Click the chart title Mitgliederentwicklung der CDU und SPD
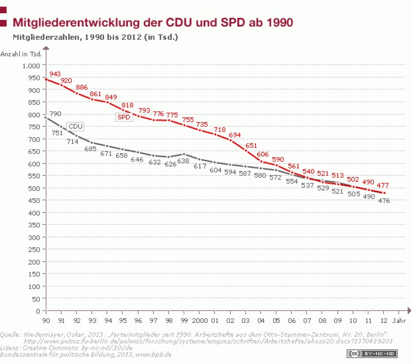tap(153, 22)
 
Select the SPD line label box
tap(124, 117)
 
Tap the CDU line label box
tap(75, 126)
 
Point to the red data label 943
tap(55, 74)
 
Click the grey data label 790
tap(55, 114)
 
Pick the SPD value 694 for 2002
tap(235, 135)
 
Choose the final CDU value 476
tap(384, 200)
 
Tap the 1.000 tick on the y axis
tap(32, 65)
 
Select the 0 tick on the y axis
tap(39, 311)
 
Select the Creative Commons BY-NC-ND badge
tap(373, 353)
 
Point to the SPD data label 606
tap(263, 155)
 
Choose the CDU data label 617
tap(200, 166)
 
